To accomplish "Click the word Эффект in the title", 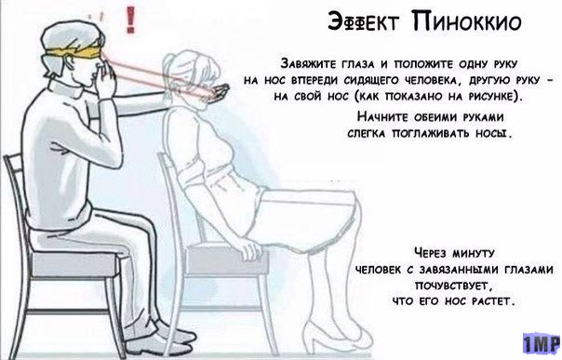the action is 362,21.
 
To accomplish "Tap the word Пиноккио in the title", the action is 466,21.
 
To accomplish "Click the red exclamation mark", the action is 131,20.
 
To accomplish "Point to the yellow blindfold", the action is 74,53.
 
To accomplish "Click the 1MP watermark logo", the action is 542,344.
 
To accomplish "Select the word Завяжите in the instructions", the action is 308,64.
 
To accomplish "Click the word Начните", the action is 382,117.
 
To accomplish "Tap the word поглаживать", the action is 430,133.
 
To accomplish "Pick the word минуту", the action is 473,253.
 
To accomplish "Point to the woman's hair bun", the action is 168,65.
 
